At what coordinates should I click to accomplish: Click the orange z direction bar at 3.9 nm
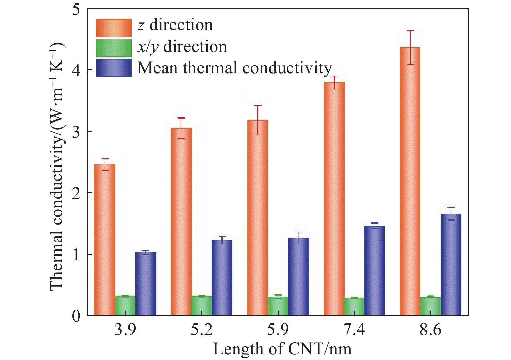[x=104, y=240]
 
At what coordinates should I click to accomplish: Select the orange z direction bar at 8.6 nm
[x=410, y=182]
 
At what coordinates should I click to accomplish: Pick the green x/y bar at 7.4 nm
[x=354, y=306]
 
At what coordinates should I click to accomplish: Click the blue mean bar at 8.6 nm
[x=451, y=265]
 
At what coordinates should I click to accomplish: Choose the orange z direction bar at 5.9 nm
[x=257, y=218]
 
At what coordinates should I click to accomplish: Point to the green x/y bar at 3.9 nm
[x=125, y=306]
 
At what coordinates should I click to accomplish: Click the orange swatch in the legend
[x=114, y=28]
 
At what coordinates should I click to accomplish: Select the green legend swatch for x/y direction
[x=114, y=48]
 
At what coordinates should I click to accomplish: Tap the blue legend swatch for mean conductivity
[x=114, y=67]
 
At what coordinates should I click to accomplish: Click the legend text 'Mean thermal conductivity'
[x=235, y=68]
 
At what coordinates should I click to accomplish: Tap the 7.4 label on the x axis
[x=354, y=330]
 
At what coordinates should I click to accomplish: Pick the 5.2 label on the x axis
[x=201, y=330]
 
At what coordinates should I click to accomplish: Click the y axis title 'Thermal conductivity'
[x=57, y=165]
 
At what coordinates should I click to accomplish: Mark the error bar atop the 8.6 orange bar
[x=410, y=47]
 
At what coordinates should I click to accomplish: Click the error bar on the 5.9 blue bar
[x=298, y=238]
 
